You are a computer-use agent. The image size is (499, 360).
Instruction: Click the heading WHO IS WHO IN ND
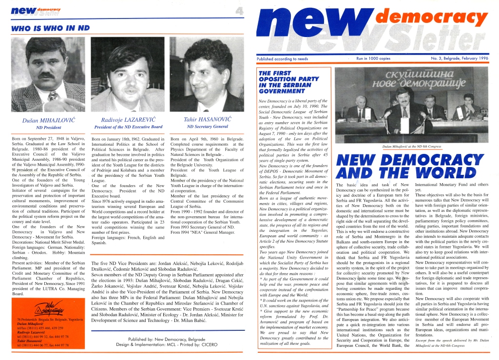pos(50,28)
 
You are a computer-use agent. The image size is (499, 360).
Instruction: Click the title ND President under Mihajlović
pos(47,127)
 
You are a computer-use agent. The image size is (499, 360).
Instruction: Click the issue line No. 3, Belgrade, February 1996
pos(459,58)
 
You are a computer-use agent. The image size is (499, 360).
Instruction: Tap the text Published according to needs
pos(282,58)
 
